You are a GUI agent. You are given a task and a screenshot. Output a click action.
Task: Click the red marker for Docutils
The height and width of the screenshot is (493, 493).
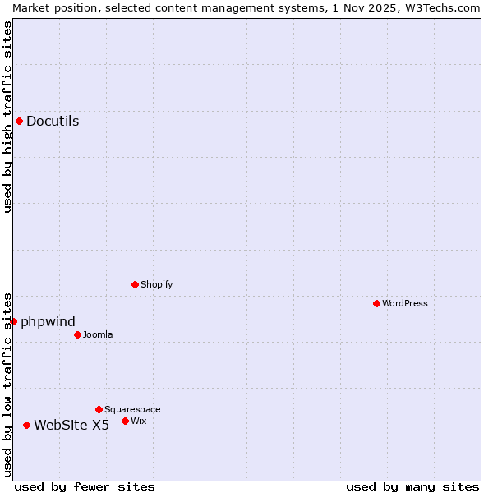coord(19,122)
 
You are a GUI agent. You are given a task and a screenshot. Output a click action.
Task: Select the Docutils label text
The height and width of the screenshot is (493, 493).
coord(53,122)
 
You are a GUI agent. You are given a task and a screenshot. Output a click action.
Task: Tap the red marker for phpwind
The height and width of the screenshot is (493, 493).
coord(14,321)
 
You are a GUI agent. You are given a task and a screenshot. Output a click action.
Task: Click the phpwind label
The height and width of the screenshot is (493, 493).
coord(48,321)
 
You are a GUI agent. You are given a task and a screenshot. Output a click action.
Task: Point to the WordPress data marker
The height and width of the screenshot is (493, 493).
coord(376,303)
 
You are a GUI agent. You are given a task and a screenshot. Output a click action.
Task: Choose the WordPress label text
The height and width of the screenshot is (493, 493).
coord(405,303)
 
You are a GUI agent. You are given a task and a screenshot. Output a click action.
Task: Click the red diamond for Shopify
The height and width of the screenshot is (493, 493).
coord(136,284)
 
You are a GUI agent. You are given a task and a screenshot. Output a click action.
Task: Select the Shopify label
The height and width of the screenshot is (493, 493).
coord(156,284)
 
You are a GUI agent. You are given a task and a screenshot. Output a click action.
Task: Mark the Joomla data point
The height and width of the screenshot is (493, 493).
coord(77,334)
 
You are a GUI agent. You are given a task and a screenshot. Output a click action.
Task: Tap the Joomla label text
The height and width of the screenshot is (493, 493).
coord(98,334)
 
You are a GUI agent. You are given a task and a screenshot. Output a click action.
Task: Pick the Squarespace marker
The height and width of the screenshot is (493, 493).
coord(99,409)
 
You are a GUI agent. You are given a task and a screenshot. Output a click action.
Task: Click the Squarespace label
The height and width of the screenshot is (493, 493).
coord(132,409)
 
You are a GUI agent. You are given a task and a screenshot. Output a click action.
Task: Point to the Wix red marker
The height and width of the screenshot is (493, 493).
coord(125,421)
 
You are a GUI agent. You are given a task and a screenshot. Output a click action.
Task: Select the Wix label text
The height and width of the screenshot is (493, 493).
coord(139,421)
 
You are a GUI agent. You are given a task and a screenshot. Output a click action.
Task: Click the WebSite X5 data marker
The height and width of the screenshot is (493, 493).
coord(27,425)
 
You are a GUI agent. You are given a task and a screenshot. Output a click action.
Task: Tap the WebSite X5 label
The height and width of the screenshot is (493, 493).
coord(71,425)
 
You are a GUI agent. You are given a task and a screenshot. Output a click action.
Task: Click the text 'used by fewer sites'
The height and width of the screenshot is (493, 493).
coord(85,486)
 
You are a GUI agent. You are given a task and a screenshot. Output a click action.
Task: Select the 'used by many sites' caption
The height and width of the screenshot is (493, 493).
coord(412,486)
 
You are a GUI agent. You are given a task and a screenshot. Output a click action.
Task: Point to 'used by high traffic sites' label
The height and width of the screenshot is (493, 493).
coord(7,117)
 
